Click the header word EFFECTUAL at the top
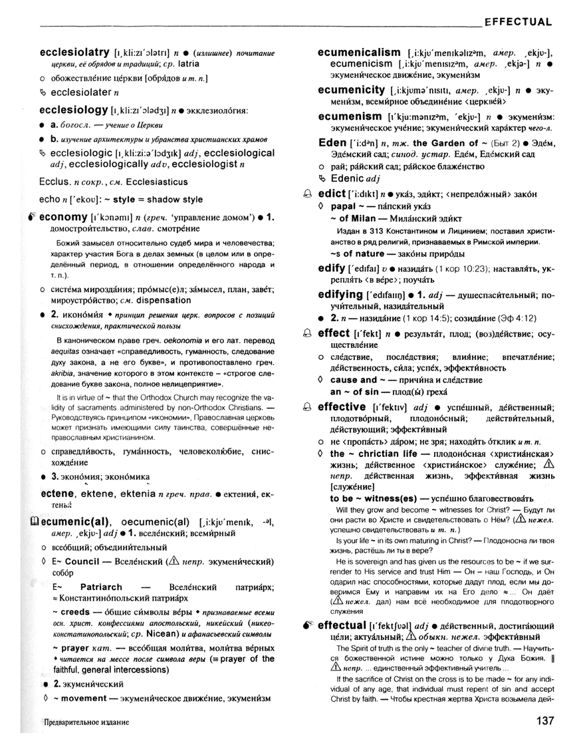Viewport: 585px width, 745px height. point(518,22)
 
